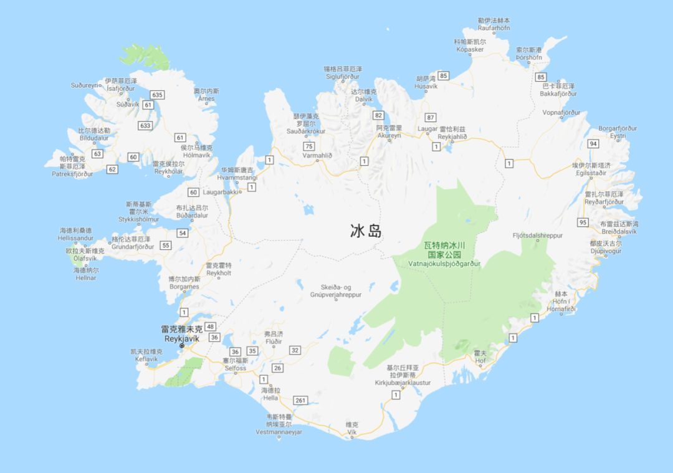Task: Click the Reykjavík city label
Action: (x=181, y=338)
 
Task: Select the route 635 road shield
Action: (x=157, y=95)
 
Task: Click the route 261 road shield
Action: (x=302, y=400)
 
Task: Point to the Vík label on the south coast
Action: (x=352, y=431)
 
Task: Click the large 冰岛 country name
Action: (x=365, y=232)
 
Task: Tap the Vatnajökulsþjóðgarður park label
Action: (x=444, y=264)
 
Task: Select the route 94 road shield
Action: (x=593, y=144)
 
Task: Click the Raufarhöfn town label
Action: (x=494, y=28)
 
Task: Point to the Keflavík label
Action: (x=146, y=359)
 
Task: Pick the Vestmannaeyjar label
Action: (x=279, y=432)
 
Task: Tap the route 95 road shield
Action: (x=583, y=222)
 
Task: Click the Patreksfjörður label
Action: (x=72, y=174)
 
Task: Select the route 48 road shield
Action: (x=211, y=327)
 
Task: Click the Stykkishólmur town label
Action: (x=138, y=219)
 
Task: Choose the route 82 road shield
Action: (x=378, y=115)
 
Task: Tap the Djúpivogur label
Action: (x=605, y=251)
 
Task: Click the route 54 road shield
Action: (x=183, y=233)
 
